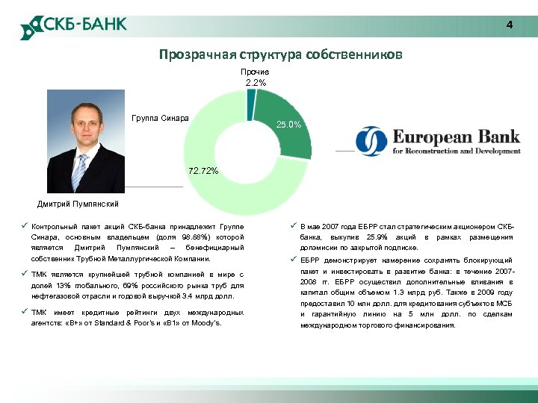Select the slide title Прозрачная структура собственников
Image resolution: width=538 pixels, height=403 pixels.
(x=280, y=54)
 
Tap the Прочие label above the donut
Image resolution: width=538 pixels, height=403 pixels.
(x=256, y=72)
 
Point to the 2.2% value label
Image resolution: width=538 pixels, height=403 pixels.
(x=256, y=82)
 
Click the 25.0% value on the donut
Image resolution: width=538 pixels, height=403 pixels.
(x=288, y=125)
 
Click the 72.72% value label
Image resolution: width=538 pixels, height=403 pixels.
(x=203, y=171)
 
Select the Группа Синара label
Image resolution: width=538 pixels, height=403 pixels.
(x=160, y=119)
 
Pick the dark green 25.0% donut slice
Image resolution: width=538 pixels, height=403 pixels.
(x=287, y=119)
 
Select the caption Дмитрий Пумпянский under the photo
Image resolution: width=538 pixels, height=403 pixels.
(x=78, y=204)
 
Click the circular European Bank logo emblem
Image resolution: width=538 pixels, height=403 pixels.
(x=371, y=141)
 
